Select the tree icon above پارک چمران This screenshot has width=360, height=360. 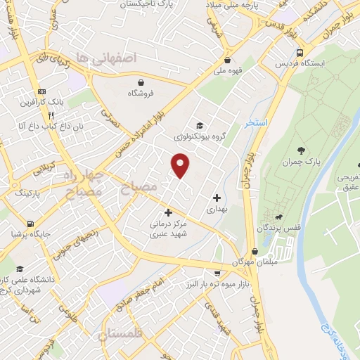(x=302, y=150)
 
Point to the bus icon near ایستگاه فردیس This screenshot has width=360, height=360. (x=301, y=53)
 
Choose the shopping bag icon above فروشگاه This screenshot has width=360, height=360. (x=141, y=82)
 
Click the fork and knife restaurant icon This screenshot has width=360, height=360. (x=51, y=115)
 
